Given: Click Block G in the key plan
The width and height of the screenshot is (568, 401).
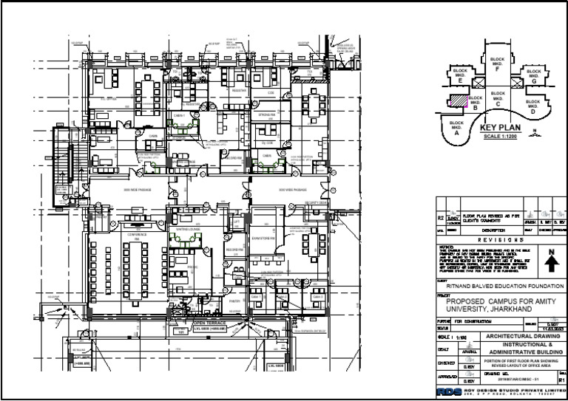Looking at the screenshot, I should click(533, 77).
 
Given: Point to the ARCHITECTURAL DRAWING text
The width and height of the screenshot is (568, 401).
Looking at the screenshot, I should click(507, 336).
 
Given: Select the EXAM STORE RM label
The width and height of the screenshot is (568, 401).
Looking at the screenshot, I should click(264, 239).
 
